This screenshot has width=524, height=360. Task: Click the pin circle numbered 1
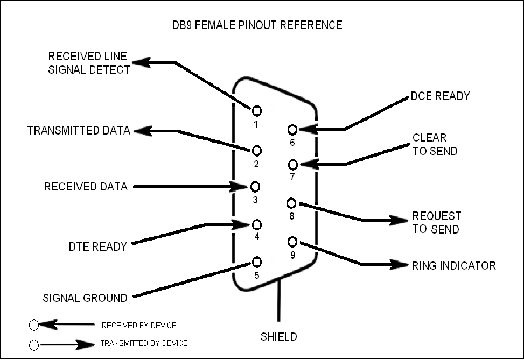[x=257, y=110]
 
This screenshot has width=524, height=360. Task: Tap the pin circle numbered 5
[x=257, y=262]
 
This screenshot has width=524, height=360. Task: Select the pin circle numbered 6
[x=293, y=130]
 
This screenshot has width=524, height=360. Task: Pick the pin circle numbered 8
[x=292, y=203]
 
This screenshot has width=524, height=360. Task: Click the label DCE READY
[x=440, y=96]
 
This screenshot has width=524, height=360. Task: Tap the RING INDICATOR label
[x=453, y=265]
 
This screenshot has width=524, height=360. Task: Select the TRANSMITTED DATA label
[x=79, y=131]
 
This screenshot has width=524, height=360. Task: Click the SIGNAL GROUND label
[x=85, y=298]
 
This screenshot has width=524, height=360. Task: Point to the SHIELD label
[x=278, y=337]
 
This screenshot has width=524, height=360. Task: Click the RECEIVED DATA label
[x=86, y=187]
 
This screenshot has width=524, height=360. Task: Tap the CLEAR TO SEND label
[x=435, y=144]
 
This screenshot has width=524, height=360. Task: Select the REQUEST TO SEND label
[x=436, y=222]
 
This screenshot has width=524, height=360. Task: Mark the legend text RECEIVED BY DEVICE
[x=138, y=326]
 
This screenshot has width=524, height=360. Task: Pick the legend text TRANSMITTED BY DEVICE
[x=144, y=343]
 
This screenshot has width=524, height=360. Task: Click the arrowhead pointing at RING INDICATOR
[x=402, y=265]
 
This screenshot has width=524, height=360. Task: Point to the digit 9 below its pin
[x=293, y=255]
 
